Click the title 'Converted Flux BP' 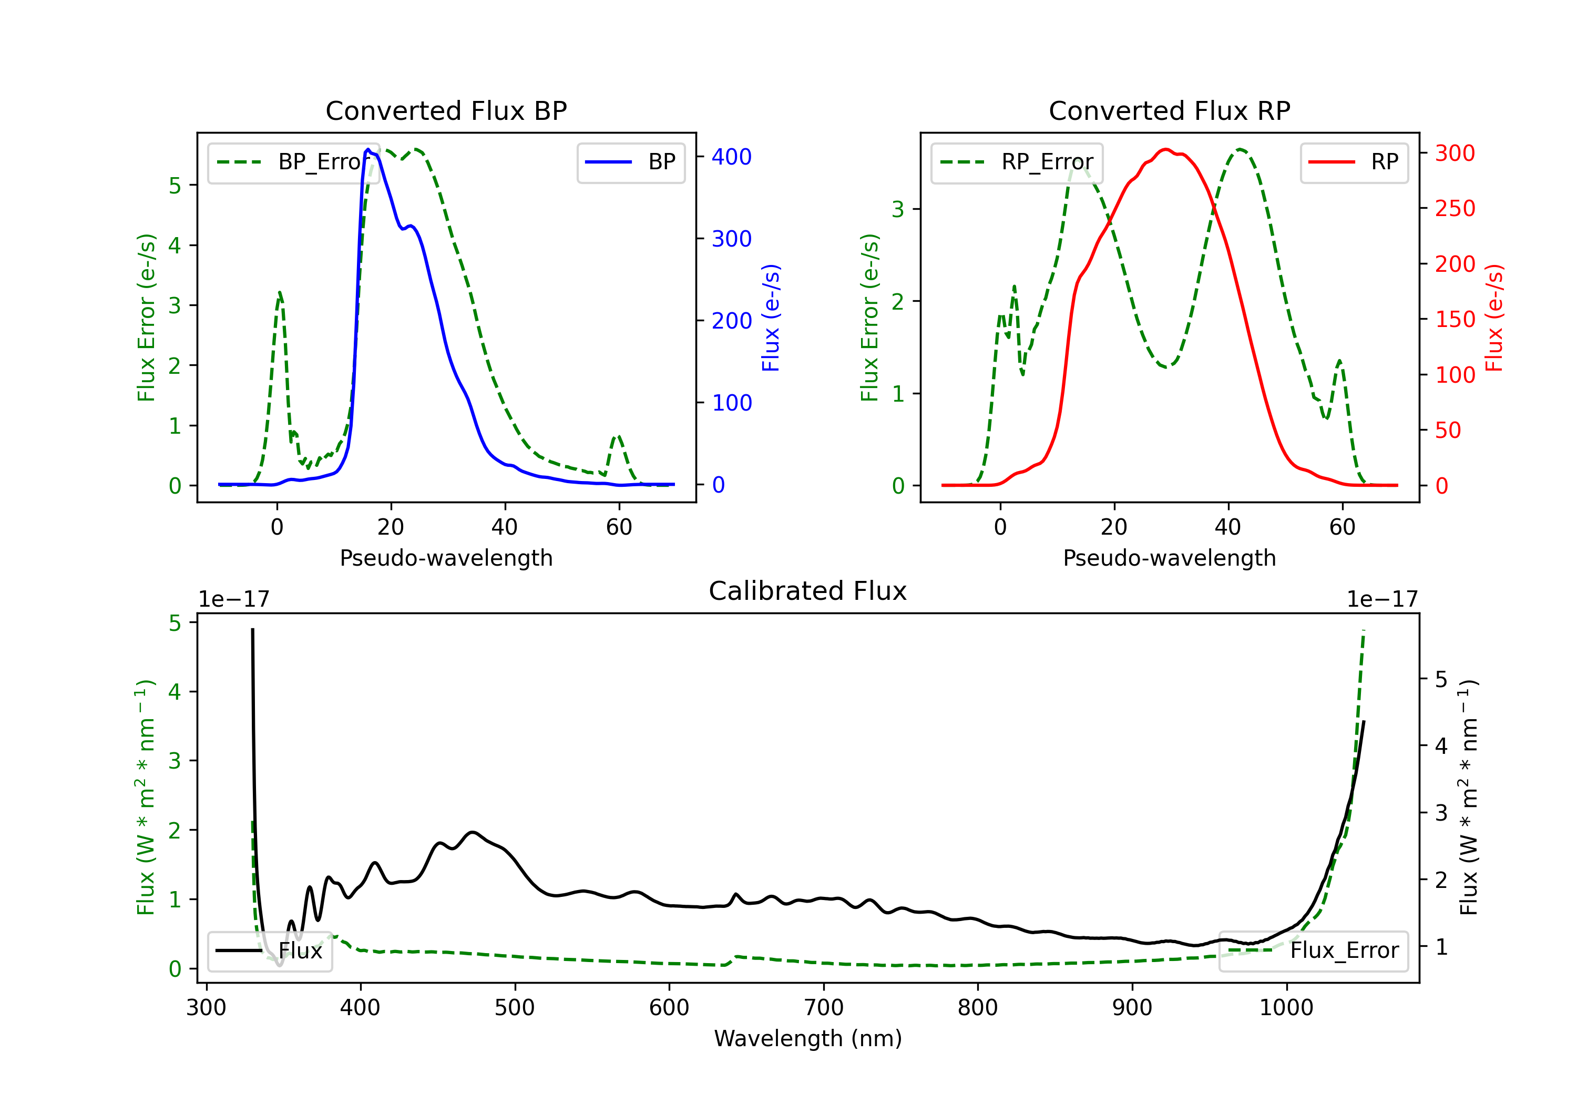pyautogui.click(x=446, y=110)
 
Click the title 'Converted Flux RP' pyautogui.click(x=1169, y=110)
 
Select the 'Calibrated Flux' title pyautogui.click(x=808, y=591)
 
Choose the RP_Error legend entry pyautogui.click(x=1017, y=162)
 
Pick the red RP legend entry pyautogui.click(x=1354, y=162)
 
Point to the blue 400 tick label pyautogui.click(x=732, y=157)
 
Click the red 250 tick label pyautogui.click(x=1455, y=208)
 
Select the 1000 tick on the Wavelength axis pyautogui.click(x=1286, y=1007)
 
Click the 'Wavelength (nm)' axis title pyautogui.click(x=808, y=1038)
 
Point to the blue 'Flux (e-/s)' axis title pyautogui.click(x=771, y=318)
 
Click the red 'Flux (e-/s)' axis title pyautogui.click(x=1494, y=318)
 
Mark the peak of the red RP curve pyautogui.click(x=1165, y=149)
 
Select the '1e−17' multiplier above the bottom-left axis pyautogui.click(x=233, y=599)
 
